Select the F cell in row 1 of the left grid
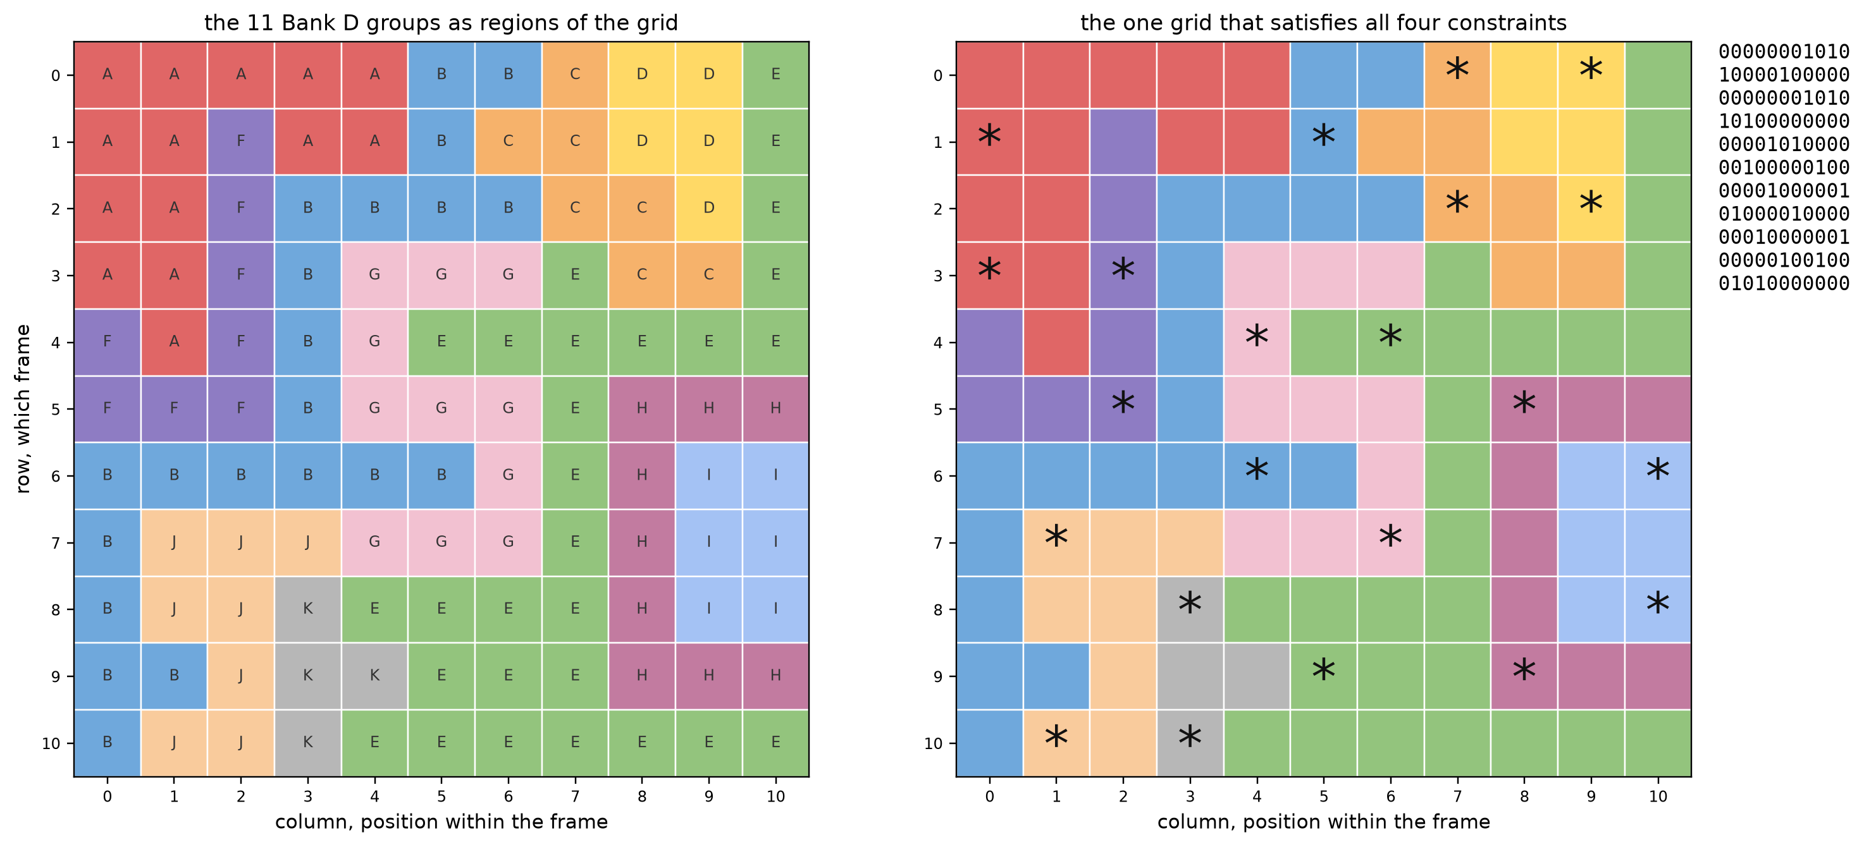point(241,142)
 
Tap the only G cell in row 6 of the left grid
point(508,475)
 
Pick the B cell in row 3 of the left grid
point(307,275)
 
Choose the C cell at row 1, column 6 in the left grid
point(508,142)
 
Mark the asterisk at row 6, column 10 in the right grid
point(1657,470)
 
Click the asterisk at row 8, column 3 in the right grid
point(1190,603)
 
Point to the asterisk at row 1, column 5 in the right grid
point(1323,136)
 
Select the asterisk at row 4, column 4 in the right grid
point(1257,336)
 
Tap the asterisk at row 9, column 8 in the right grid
point(1524,671)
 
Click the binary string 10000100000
point(1784,75)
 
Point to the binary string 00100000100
point(1784,168)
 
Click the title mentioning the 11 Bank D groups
point(441,23)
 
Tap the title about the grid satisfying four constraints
point(1323,23)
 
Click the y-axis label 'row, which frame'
point(23,409)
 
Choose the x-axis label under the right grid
point(1323,822)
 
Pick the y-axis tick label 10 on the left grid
point(51,743)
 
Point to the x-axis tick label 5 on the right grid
point(1323,796)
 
